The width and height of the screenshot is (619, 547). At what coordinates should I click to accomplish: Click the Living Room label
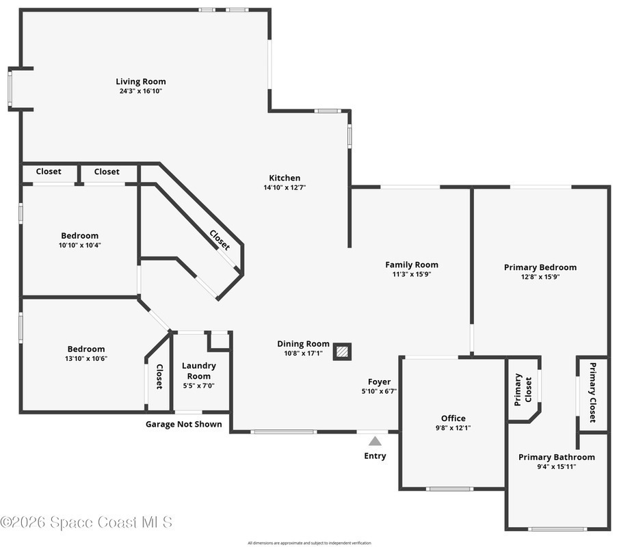click(140, 81)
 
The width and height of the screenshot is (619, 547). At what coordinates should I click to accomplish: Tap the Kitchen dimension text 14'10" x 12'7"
click(285, 187)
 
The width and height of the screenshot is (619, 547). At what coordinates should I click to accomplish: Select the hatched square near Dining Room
click(342, 351)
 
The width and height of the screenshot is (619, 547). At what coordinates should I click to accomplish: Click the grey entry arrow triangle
click(375, 441)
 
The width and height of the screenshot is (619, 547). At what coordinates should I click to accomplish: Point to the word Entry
click(375, 456)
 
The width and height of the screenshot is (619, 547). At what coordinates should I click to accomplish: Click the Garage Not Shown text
click(183, 424)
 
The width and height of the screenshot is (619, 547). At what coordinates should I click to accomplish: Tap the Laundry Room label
click(198, 371)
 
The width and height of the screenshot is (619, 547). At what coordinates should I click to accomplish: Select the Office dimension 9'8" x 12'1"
click(453, 428)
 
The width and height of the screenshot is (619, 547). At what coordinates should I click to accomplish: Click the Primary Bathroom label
click(557, 457)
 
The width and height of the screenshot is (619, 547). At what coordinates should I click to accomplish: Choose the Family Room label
click(412, 265)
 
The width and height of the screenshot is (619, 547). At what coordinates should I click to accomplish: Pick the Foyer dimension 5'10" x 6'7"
click(379, 392)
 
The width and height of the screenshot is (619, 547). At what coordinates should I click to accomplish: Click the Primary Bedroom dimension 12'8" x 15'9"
click(540, 277)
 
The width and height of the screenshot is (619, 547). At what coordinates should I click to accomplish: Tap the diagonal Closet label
click(220, 240)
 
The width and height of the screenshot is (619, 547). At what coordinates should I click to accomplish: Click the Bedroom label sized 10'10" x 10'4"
click(80, 236)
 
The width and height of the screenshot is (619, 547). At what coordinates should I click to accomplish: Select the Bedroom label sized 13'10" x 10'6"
click(86, 349)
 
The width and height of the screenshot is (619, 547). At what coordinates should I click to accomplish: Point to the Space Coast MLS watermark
click(86, 522)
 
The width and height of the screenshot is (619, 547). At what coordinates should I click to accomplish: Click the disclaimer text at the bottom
click(309, 543)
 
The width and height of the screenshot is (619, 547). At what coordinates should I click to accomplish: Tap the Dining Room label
click(303, 344)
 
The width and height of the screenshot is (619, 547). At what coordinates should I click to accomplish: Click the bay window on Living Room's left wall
click(10, 89)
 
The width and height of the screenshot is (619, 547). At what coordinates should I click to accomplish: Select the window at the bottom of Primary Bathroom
click(557, 529)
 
